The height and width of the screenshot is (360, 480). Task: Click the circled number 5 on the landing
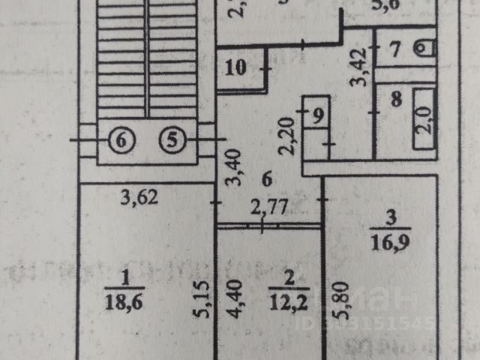(x=172, y=139)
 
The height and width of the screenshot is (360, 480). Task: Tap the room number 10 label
(x=235, y=67)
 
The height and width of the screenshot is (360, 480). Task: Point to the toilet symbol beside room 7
(x=425, y=48)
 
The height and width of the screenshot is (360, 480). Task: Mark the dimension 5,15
(x=199, y=301)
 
